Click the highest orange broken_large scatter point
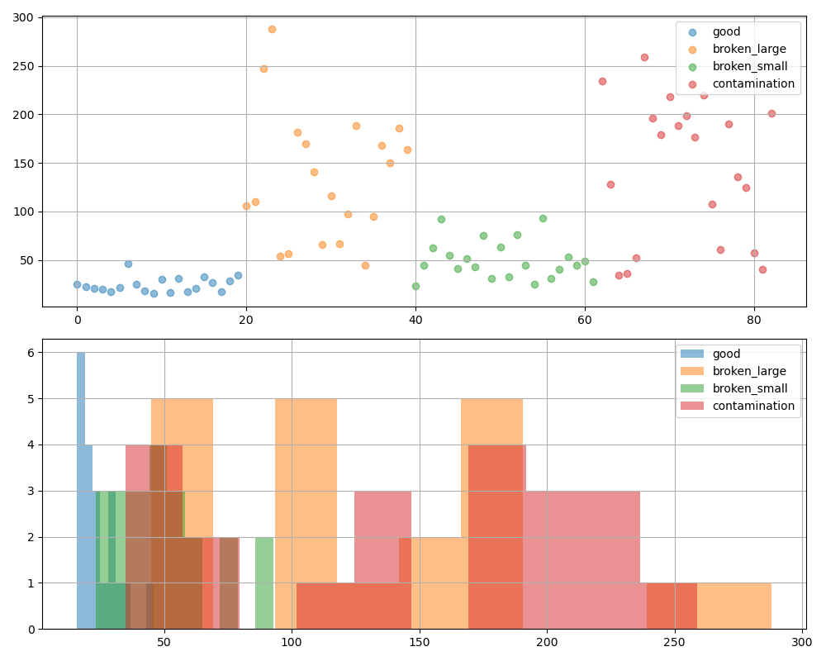coord(272,29)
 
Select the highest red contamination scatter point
coord(644,57)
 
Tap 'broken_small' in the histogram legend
coord(750,388)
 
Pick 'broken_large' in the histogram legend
coord(749,371)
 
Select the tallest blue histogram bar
coord(81,491)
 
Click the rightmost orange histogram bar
coord(734,606)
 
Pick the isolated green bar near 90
coord(264,583)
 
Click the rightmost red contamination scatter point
coord(771,113)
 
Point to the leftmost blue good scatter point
coord(77,284)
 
